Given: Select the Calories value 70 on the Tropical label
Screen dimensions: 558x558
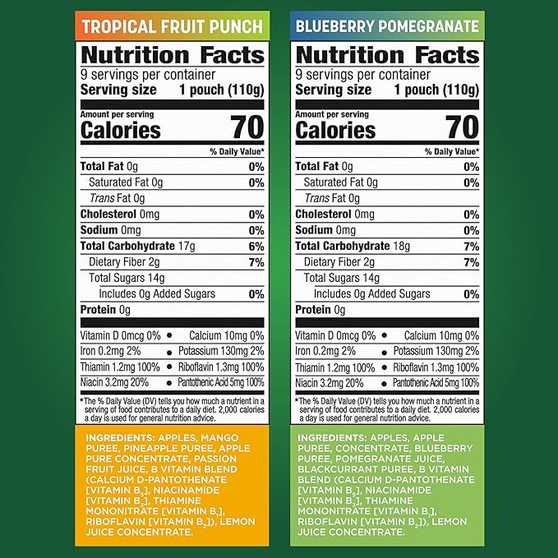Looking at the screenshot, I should pyautogui.click(x=246, y=127).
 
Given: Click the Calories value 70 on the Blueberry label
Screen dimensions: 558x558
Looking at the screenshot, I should pyautogui.click(x=461, y=127).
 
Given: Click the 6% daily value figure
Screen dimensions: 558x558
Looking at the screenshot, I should pyautogui.click(x=256, y=246).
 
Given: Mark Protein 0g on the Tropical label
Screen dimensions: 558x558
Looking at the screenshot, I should pyautogui.click(x=105, y=310).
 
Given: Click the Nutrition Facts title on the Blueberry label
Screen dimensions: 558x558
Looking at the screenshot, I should pyautogui.click(x=387, y=55).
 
